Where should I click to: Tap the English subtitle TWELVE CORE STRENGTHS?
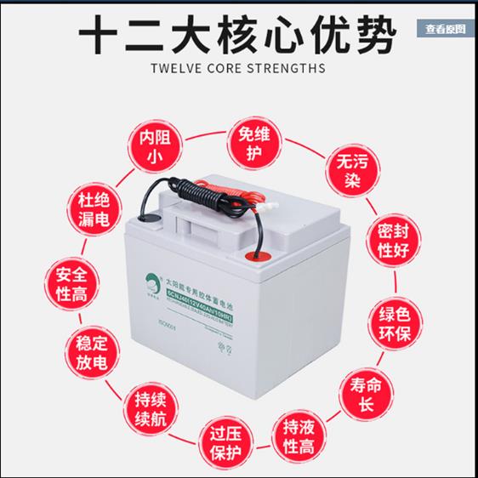239,68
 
